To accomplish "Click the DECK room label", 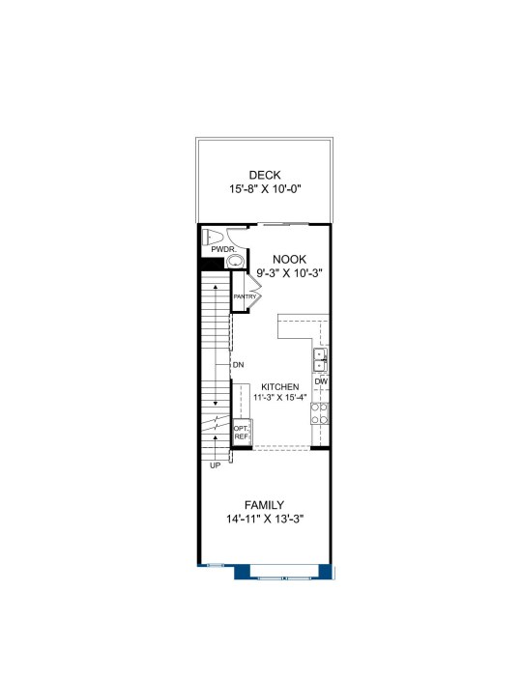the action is [265, 175].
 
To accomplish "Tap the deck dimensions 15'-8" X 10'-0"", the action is [265, 189].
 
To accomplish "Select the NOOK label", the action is [289, 260].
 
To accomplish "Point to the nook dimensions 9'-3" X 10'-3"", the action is [289, 273].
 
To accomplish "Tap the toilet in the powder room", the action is [212, 237].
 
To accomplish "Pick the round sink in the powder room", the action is [235, 261].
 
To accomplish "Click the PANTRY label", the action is [245, 296].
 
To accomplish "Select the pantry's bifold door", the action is [253, 291].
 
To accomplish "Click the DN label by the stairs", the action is [239, 365].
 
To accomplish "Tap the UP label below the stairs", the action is [216, 465].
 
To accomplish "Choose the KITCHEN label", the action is [279, 387].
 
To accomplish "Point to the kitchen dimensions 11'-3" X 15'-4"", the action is [279, 397].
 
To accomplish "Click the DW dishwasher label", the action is [321, 381].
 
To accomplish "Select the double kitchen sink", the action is [320, 360].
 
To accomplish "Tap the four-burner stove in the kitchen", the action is [319, 413].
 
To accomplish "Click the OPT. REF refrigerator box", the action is [242, 433].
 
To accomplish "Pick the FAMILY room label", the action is [264, 505].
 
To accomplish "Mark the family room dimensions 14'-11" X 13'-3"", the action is [265, 520].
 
